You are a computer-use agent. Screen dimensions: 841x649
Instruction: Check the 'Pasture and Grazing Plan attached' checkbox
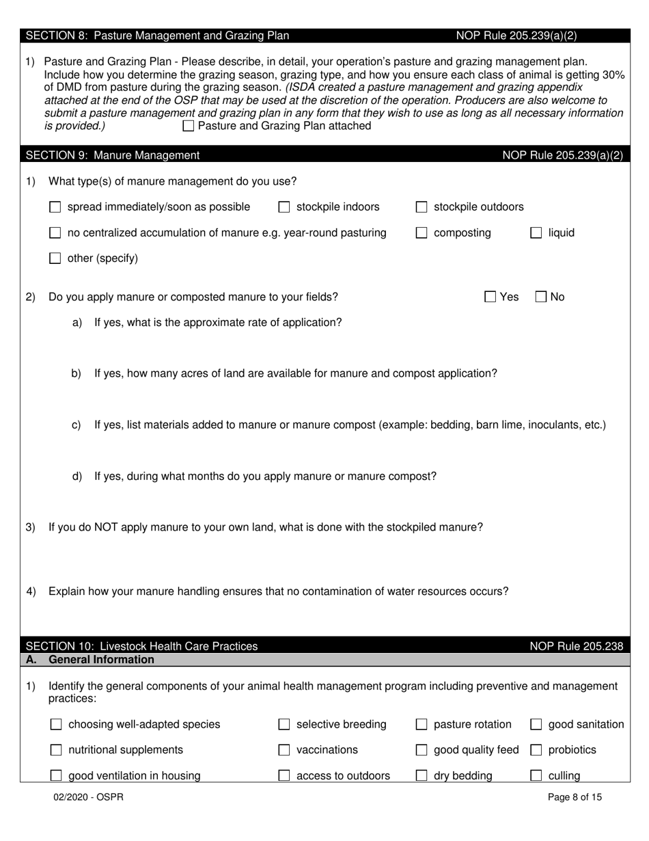(189, 126)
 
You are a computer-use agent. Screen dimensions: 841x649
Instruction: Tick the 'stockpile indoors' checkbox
(284, 207)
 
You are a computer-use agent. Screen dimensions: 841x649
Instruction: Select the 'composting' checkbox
(422, 233)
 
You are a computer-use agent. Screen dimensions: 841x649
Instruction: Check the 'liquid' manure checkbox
(536, 233)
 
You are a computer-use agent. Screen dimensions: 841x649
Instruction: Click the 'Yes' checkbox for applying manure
(490, 297)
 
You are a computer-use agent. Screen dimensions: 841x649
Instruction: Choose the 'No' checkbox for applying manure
(540, 297)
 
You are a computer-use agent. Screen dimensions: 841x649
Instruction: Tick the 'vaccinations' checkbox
(284, 750)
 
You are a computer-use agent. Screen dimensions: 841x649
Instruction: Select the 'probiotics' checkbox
(536, 750)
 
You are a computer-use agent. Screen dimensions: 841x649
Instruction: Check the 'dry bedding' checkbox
(422, 776)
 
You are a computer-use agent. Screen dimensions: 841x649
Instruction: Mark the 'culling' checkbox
(536, 776)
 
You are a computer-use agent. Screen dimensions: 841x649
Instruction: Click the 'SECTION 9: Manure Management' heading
(113, 155)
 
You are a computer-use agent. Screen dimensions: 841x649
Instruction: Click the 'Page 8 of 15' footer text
(575, 797)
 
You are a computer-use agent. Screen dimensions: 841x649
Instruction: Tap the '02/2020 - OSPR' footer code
(89, 797)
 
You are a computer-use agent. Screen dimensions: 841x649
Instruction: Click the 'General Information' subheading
(102, 660)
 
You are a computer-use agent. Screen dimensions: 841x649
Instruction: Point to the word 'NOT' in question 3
(107, 527)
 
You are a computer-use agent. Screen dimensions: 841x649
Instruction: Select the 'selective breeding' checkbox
(284, 725)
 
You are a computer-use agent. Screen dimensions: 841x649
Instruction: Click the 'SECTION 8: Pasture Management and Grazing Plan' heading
(157, 36)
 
